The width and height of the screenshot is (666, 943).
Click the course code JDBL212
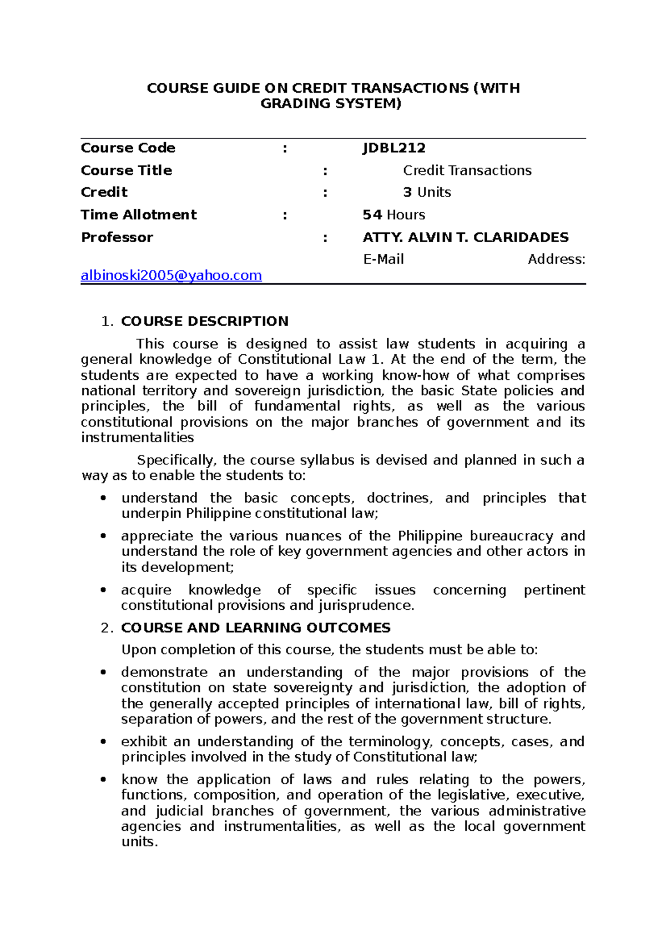[x=393, y=148]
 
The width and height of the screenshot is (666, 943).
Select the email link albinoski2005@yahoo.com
[x=171, y=275]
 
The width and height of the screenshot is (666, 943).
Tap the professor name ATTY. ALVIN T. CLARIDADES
[x=465, y=237]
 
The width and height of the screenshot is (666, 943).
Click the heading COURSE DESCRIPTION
[x=204, y=321]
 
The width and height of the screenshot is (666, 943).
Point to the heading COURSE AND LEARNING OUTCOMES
[x=255, y=628]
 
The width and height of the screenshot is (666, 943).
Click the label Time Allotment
[x=138, y=215]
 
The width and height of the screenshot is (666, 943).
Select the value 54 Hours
[x=393, y=215]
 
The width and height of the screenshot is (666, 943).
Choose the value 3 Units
[x=426, y=192]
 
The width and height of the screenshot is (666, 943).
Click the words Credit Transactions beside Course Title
[x=467, y=170]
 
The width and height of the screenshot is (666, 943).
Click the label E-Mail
[x=383, y=259]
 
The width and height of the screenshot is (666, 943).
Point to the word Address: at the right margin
[x=556, y=259]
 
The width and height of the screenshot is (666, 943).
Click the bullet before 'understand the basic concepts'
[x=103, y=498]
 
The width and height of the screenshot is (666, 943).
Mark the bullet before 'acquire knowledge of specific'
[x=103, y=590]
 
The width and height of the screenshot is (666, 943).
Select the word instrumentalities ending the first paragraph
[x=137, y=438]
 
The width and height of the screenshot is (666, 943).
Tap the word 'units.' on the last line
[x=139, y=842]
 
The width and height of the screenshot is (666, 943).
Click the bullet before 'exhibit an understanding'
[x=103, y=742]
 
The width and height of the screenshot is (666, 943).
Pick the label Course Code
[x=128, y=148]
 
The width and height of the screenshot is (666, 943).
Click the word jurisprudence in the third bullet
[x=365, y=605]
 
